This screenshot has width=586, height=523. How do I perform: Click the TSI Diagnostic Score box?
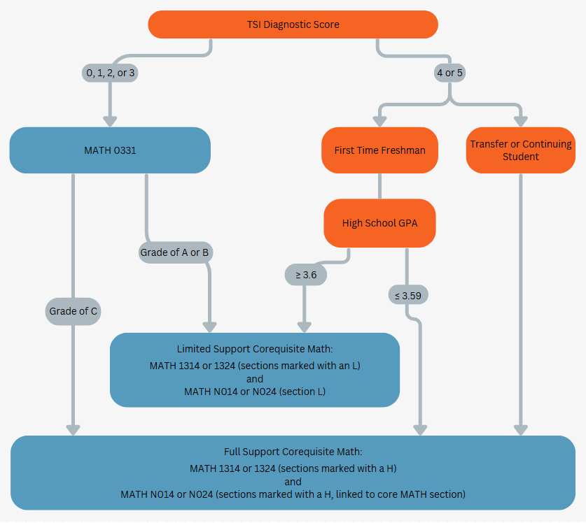point(293,24)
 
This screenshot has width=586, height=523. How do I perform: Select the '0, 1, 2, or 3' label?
point(110,73)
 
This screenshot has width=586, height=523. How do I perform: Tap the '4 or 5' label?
point(449,73)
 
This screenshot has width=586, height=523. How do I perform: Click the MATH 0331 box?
point(110,150)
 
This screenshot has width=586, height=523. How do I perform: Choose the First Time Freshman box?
point(379,150)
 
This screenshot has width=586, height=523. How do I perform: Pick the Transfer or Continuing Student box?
point(520,150)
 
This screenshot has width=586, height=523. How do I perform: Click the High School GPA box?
point(379,223)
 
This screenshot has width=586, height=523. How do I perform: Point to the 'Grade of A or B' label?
point(175,252)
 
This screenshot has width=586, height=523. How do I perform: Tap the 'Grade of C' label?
point(73,311)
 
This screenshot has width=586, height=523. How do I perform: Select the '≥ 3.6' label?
point(306,275)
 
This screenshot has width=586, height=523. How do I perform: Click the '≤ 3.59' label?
point(407,296)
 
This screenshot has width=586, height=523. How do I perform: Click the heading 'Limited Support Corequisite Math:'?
point(255,349)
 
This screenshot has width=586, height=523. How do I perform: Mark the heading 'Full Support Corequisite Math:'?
point(293,452)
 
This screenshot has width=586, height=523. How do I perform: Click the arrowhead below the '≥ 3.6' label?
point(304,326)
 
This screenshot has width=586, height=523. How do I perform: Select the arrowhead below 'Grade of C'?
point(73,429)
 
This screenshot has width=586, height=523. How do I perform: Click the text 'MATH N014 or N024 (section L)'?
point(255,392)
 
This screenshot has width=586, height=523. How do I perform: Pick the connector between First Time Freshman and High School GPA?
point(379,186)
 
